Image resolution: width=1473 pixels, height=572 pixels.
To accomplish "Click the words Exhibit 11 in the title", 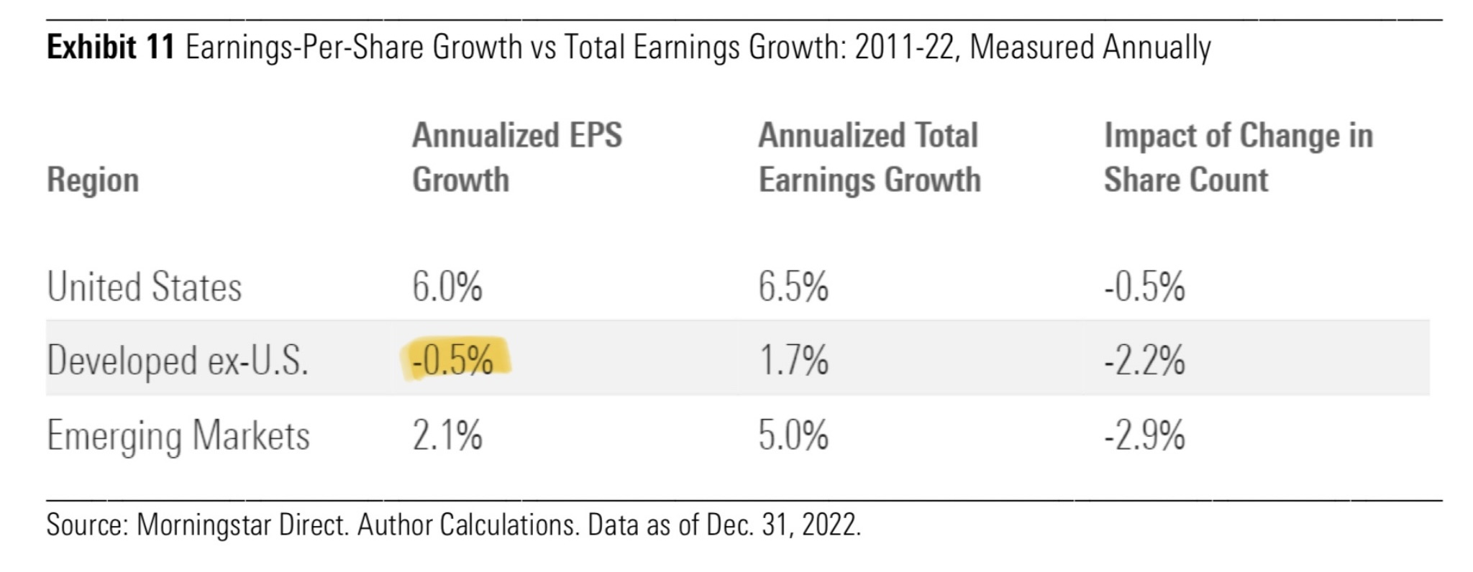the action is point(111,47).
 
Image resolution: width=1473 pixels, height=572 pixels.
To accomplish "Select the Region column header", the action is point(93,180).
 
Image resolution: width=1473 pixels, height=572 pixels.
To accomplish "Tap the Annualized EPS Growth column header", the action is point(517,157).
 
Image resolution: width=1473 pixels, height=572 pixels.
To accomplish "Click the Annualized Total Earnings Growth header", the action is point(870,157).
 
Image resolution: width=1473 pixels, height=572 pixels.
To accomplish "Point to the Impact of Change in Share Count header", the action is point(1239,157).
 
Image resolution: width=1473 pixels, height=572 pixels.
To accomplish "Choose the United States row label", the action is point(145,287).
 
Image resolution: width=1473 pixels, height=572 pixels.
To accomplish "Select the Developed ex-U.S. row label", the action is point(178,361).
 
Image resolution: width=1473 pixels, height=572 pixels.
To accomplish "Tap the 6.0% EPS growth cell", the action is point(447,287).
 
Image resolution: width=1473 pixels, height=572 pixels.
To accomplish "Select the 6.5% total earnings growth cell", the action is point(793,287).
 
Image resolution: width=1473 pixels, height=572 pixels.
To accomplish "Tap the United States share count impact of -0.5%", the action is point(1145,287).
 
